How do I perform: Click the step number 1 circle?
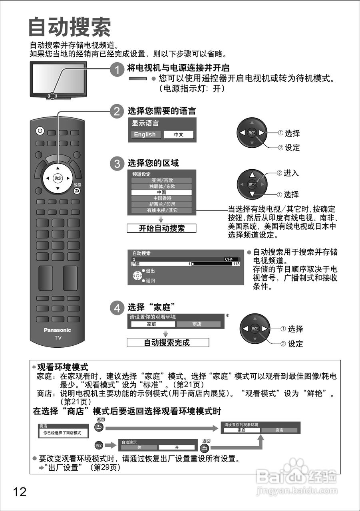point(116,70)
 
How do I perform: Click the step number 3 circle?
point(116,164)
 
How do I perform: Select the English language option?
point(145,135)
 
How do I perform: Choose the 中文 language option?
point(178,135)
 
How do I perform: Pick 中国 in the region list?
point(161,192)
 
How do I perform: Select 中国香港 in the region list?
point(161,198)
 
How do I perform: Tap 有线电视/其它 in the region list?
point(161,210)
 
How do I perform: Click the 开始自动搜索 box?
point(161,228)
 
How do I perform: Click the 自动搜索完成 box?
point(168,343)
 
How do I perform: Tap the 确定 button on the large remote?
point(58,178)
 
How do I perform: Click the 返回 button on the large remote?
point(77,191)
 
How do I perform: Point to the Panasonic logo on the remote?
point(57,330)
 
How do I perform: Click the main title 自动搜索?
point(70,27)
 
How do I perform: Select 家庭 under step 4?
point(151,325)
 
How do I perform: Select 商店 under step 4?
point(198,325)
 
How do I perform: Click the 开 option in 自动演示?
point(176,448)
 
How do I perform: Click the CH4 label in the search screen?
point(229,259)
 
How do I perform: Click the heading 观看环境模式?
point(63,366)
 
